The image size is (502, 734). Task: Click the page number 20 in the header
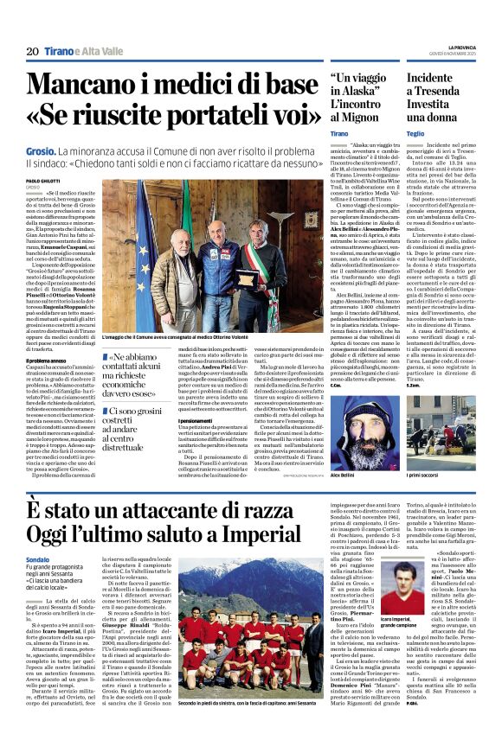31,52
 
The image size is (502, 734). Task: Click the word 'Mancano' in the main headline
92,86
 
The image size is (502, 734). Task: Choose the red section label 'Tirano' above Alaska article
338,134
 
